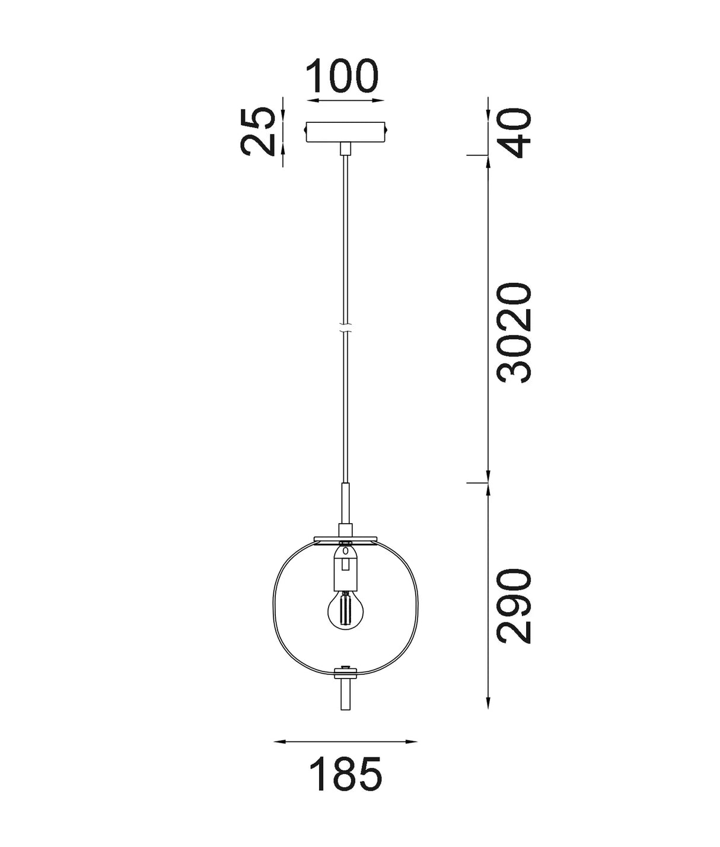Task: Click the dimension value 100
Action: [342, 76]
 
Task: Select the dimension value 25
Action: [259, 132]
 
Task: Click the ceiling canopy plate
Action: [345, 132]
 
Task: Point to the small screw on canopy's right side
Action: [388, 128]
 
